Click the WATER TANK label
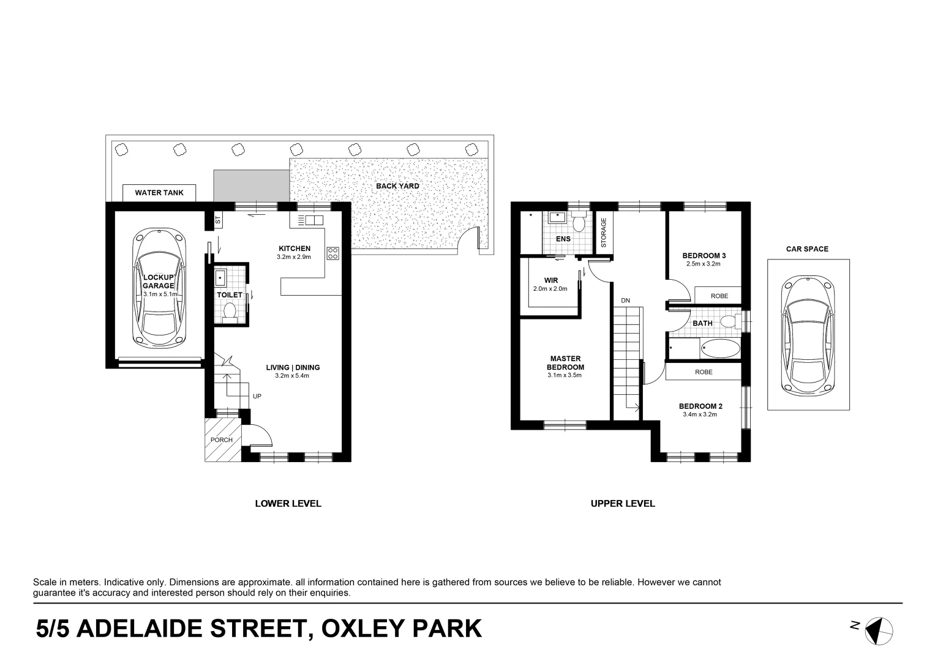159,192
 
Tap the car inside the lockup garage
159,288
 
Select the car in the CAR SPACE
808,334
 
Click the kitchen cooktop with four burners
333,253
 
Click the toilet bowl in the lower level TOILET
230,312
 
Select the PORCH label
221,440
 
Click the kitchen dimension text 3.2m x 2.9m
294,257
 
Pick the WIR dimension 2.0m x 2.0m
550,289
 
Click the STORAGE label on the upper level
604,233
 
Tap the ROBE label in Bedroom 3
719,296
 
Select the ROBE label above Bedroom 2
704,372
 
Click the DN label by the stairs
625,301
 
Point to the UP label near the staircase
257,397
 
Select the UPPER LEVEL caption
623,504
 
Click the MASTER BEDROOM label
565,363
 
